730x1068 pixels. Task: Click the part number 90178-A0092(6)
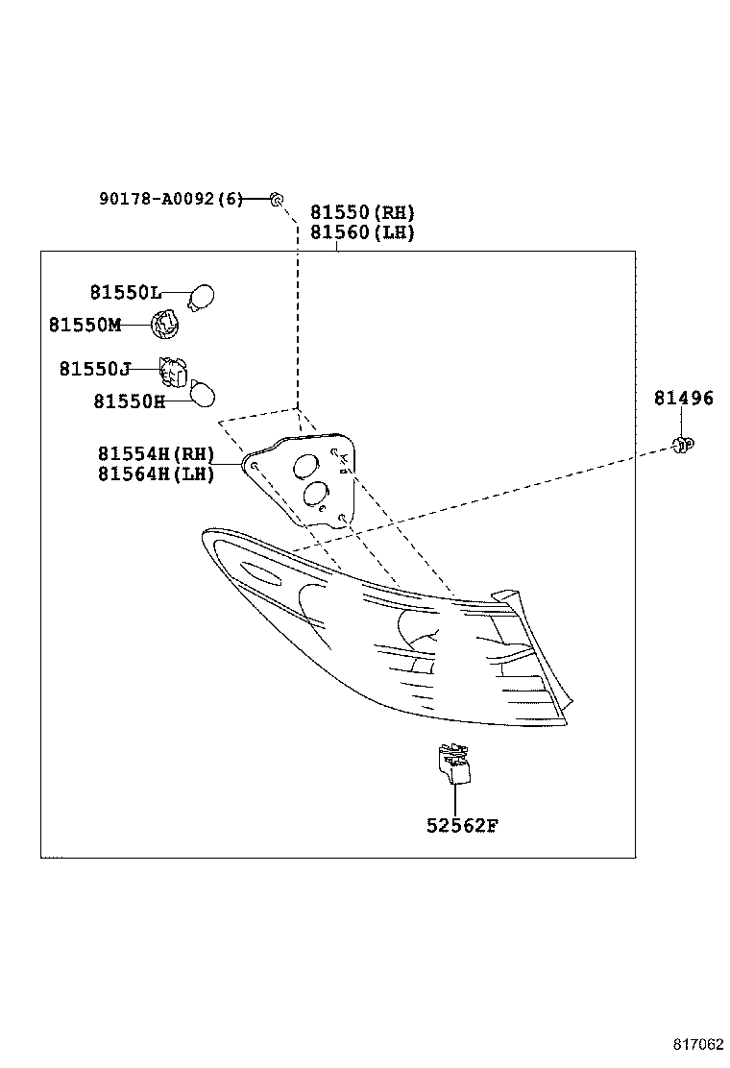click(x=171, y=199)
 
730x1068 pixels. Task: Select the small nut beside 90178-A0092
click(x=276, y=199)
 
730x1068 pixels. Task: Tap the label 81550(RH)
click(x=362, y=212)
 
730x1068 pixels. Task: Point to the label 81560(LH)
click(x=362, y=232)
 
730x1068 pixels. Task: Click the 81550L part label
click(x=126, y=293)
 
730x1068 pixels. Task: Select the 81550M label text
click(x=85, y=325)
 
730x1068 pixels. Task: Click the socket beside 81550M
click(x=166, y=325)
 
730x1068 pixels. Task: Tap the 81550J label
click(x=94, y=369)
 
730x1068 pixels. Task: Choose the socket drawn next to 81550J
click(x=173, y=371)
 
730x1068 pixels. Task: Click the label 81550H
click(x=130, y=400)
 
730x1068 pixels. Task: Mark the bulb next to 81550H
click(x=203, y=394)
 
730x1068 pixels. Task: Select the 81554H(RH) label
click(x=156, y=454)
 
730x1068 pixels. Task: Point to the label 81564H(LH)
click(x=156, y=473)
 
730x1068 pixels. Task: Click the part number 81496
click(x=684, y=399)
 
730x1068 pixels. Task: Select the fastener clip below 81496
click(x=683, y=444)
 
